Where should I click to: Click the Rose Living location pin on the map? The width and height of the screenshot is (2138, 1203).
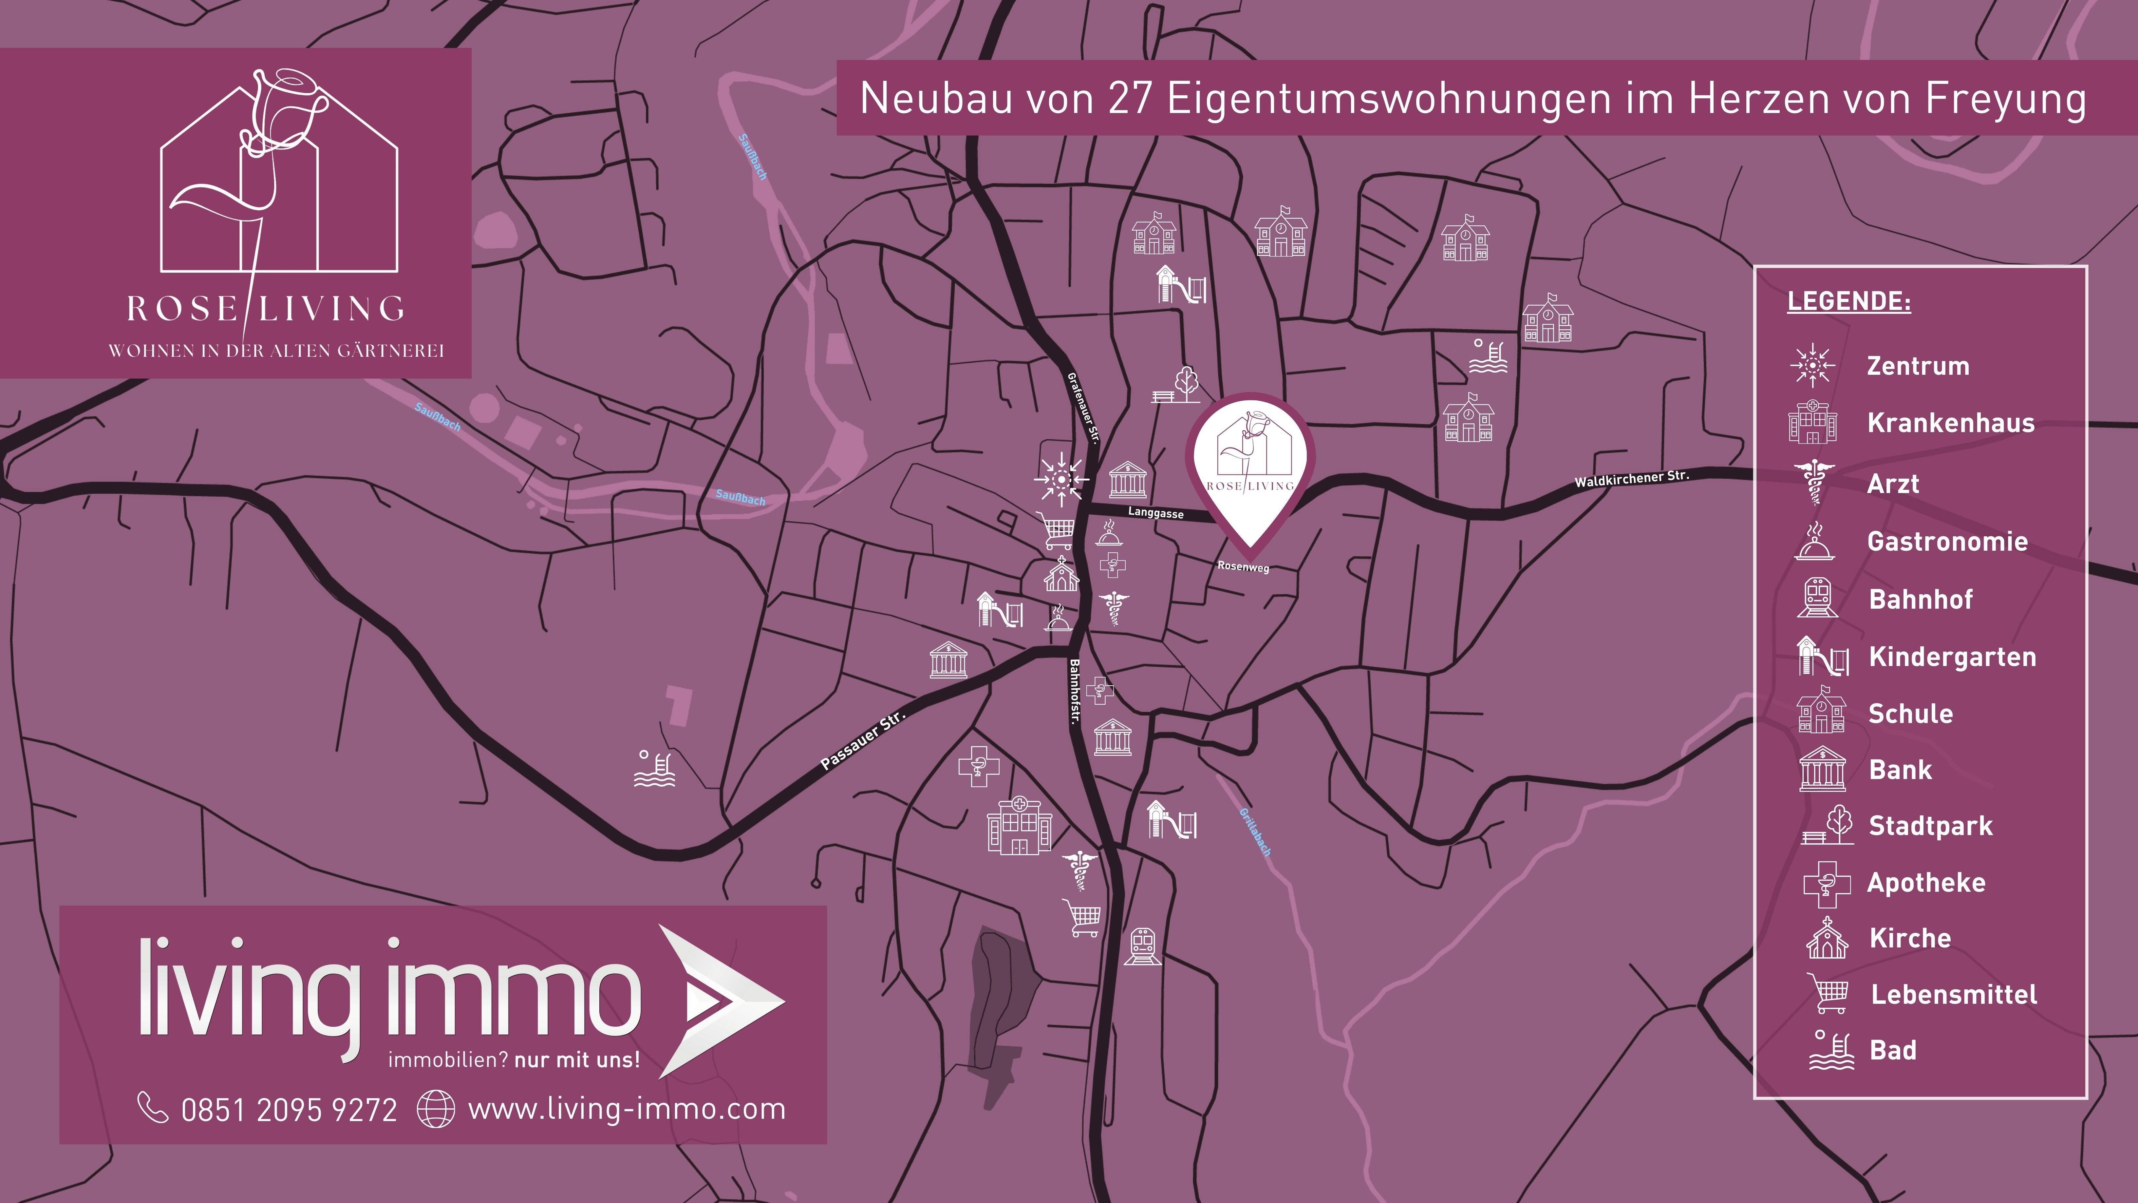click(x=1250, y=465)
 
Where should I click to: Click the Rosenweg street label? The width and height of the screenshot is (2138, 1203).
click(x=1243, y=566)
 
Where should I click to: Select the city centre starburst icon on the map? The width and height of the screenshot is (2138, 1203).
click(x=1061, y=479)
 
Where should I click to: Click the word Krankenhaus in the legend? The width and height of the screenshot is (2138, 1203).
click(x=1950, y=423)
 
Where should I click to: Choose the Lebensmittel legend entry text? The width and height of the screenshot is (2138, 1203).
click(x=1954, y=995)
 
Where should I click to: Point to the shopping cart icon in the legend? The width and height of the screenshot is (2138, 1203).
click(x=1829, y=993)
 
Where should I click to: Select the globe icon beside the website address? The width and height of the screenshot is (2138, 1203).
click(x=436, y=1109)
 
